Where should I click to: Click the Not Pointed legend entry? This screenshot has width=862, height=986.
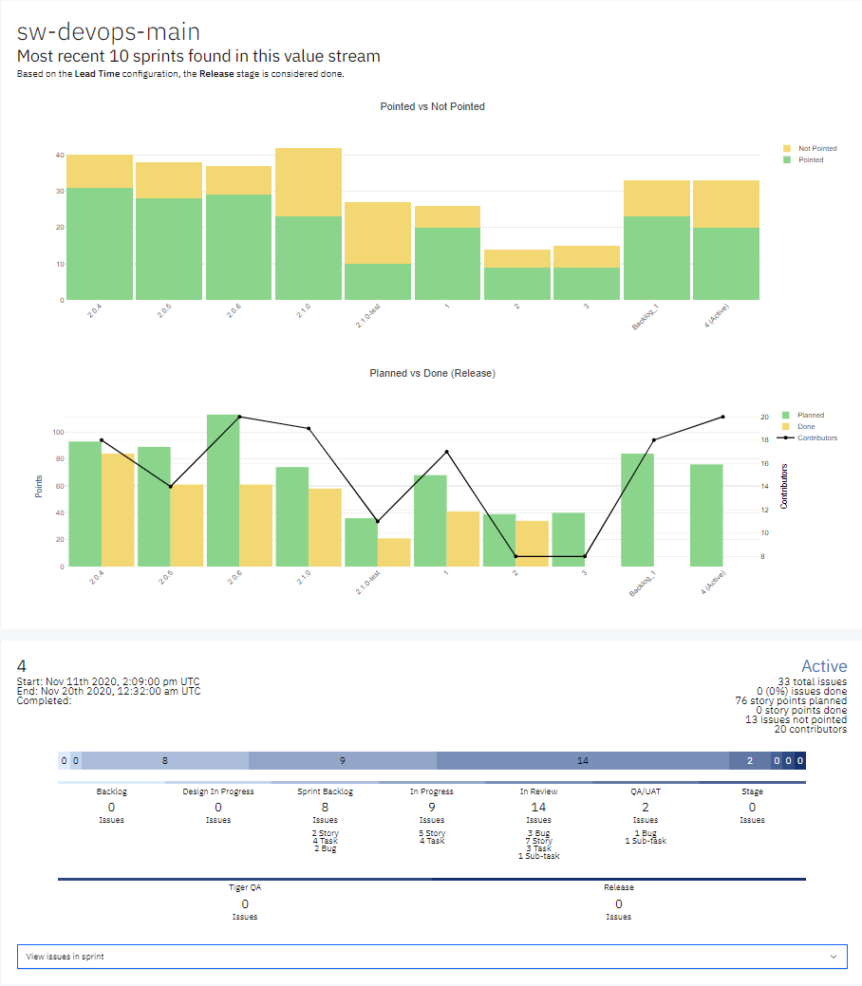pos(816,148)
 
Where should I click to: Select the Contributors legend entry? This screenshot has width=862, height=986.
pos(816,437)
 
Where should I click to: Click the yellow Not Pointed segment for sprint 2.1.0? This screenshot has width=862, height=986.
pos(309,182)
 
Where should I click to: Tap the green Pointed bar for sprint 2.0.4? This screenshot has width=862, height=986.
pos(100,244)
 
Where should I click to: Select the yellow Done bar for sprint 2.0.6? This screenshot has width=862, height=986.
pos(256,525)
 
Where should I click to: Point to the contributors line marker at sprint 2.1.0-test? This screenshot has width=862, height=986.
pos(378,521)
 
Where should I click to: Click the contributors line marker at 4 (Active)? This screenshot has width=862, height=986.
pos(723,417)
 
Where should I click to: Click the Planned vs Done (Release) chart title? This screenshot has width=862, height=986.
pos(432,373)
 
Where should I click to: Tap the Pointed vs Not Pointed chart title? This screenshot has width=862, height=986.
pos(432,106)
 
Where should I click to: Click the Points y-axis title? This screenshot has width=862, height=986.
pos(39,486)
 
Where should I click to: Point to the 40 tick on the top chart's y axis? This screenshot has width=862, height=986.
pos(59,155)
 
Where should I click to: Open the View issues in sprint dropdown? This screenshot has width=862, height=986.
pos(432,957)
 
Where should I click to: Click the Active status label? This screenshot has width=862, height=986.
pos(823,666)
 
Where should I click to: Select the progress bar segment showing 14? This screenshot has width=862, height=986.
pos(582,760)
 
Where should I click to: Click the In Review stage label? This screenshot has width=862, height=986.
pos(538,791)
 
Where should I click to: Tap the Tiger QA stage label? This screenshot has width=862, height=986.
pos(244,887)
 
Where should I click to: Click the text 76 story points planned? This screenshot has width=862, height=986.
pos(791,700)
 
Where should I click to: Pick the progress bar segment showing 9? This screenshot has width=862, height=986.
pos(342,760)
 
